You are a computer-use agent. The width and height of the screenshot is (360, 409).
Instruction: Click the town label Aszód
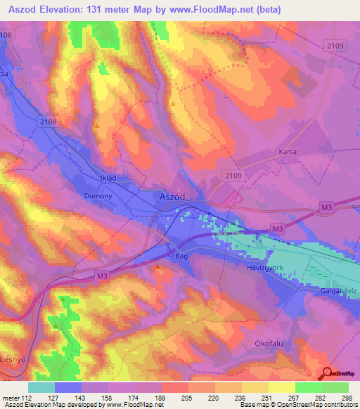tap(172, 197)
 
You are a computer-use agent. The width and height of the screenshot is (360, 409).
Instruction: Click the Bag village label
tap(182, 257)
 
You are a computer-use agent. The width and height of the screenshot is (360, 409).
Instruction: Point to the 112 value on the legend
tap(26, 397)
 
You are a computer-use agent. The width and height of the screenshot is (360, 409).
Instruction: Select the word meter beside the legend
tap(10, 397)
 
